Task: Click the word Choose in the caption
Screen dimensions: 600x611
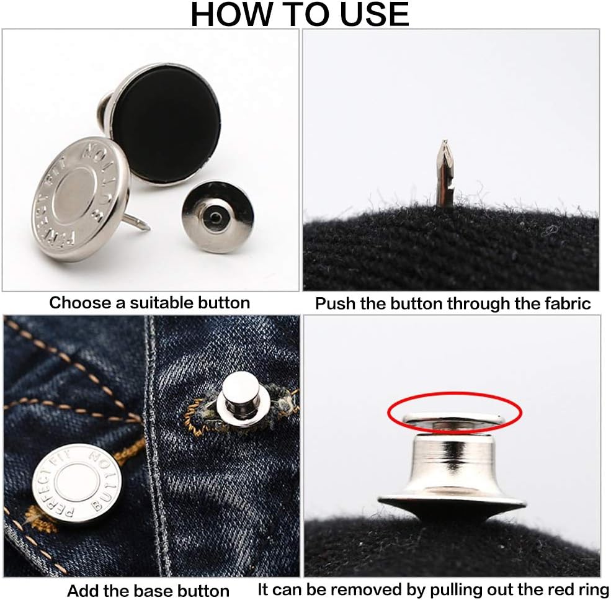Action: point(76,303)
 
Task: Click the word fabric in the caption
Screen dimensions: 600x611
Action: point(566,304)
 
